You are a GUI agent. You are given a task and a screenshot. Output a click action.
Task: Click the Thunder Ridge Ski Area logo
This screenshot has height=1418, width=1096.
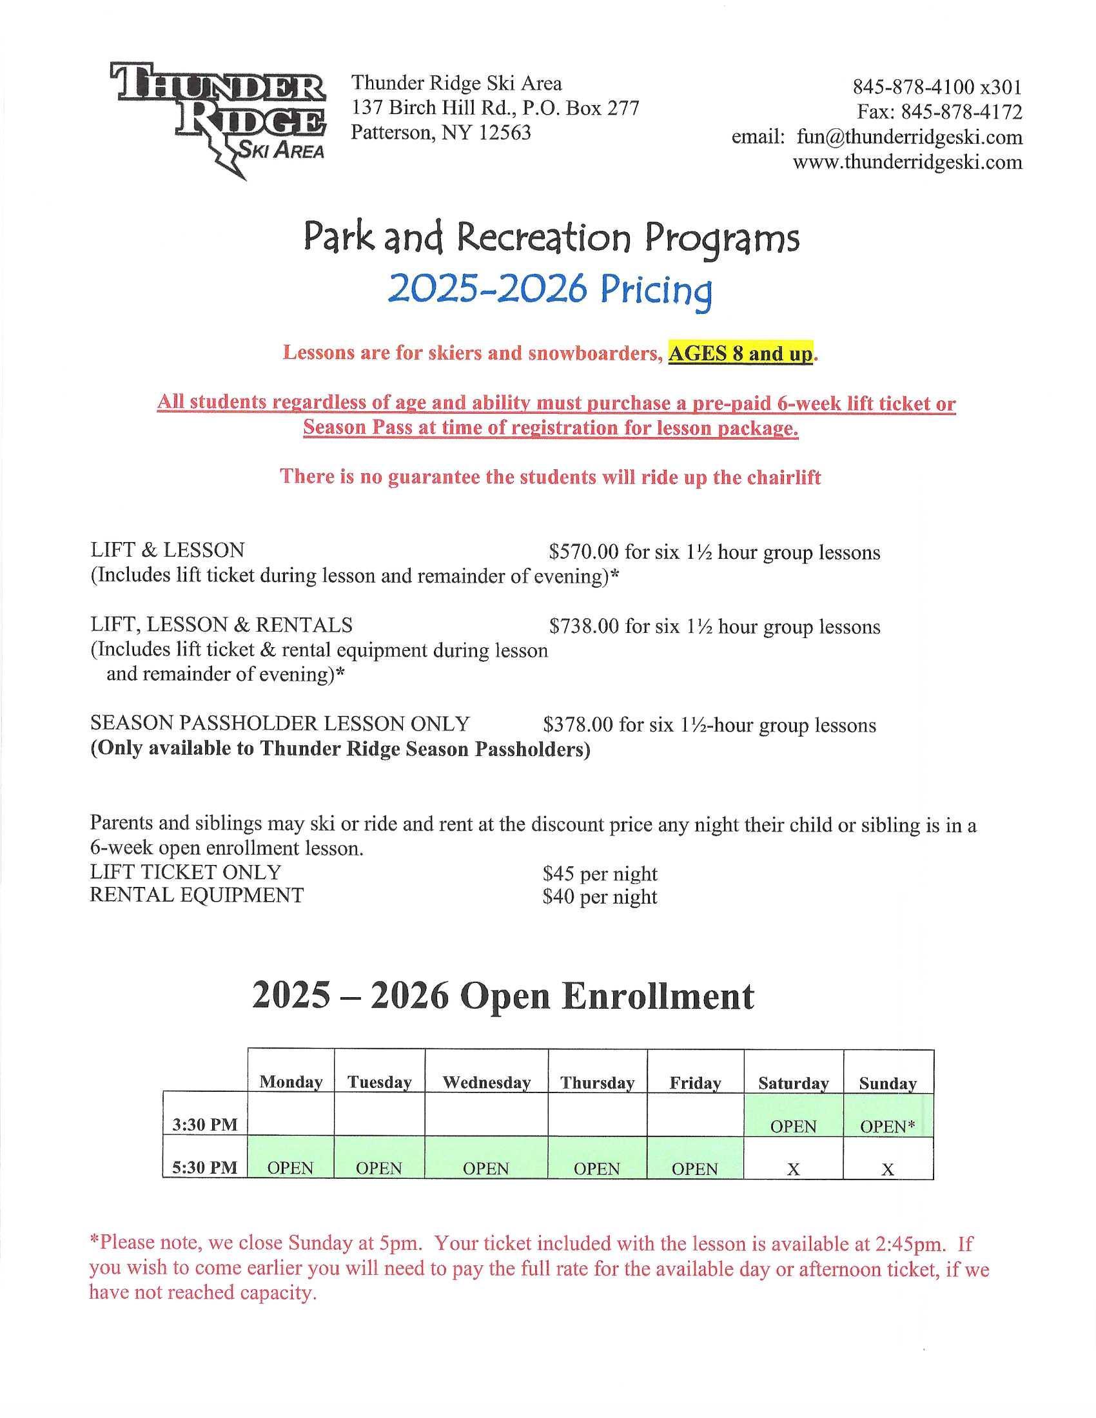click(x=217, y=117)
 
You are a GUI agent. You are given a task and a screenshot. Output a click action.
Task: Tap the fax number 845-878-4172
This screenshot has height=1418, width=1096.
click(x=962, y=112)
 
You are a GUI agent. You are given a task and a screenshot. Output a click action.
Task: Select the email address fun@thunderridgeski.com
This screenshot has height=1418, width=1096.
click(x=909, y=137)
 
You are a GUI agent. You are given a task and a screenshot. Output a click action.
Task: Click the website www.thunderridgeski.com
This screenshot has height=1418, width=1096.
click(x=907, y=162)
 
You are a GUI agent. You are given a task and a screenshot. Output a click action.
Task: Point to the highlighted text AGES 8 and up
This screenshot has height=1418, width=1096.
click(x=740, y=354)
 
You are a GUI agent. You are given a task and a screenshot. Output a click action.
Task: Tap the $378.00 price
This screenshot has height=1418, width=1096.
click(x=577, y=724)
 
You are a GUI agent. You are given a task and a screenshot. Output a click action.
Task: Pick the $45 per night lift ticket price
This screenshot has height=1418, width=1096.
click(x=600, y=873)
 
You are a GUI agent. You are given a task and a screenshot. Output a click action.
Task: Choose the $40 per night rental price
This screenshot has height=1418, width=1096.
click(x=600, y=897)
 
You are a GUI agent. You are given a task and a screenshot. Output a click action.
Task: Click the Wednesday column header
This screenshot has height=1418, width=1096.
click(x=486, y=1082)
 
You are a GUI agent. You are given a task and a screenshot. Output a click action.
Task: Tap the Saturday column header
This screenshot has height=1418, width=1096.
click(x=794, y=1083)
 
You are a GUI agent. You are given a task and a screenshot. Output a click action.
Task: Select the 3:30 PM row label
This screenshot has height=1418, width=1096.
click(x=205, y=1124)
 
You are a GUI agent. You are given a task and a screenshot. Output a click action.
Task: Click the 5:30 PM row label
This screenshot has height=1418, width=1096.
click(x=205, y=1167)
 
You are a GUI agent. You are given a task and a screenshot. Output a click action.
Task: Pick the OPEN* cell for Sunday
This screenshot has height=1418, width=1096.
click(x=888, y=1127)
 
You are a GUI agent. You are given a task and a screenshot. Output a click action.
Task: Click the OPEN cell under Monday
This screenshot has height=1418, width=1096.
click(x=290, y=1168)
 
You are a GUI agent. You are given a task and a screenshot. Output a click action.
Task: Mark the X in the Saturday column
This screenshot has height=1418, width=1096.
click(x=793, y=1169)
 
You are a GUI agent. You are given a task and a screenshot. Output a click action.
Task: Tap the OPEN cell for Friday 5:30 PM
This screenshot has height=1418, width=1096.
click(x=695, y=1169)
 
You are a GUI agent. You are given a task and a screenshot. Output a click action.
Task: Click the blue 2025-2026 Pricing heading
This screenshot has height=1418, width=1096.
click(x=549, y=290)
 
